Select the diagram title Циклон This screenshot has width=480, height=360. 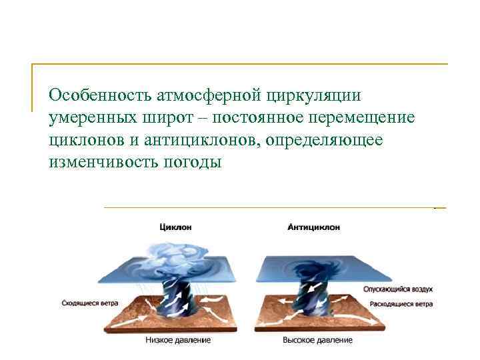[175, 227]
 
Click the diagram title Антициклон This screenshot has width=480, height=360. [314, 227]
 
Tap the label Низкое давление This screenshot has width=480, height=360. [178, 341]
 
